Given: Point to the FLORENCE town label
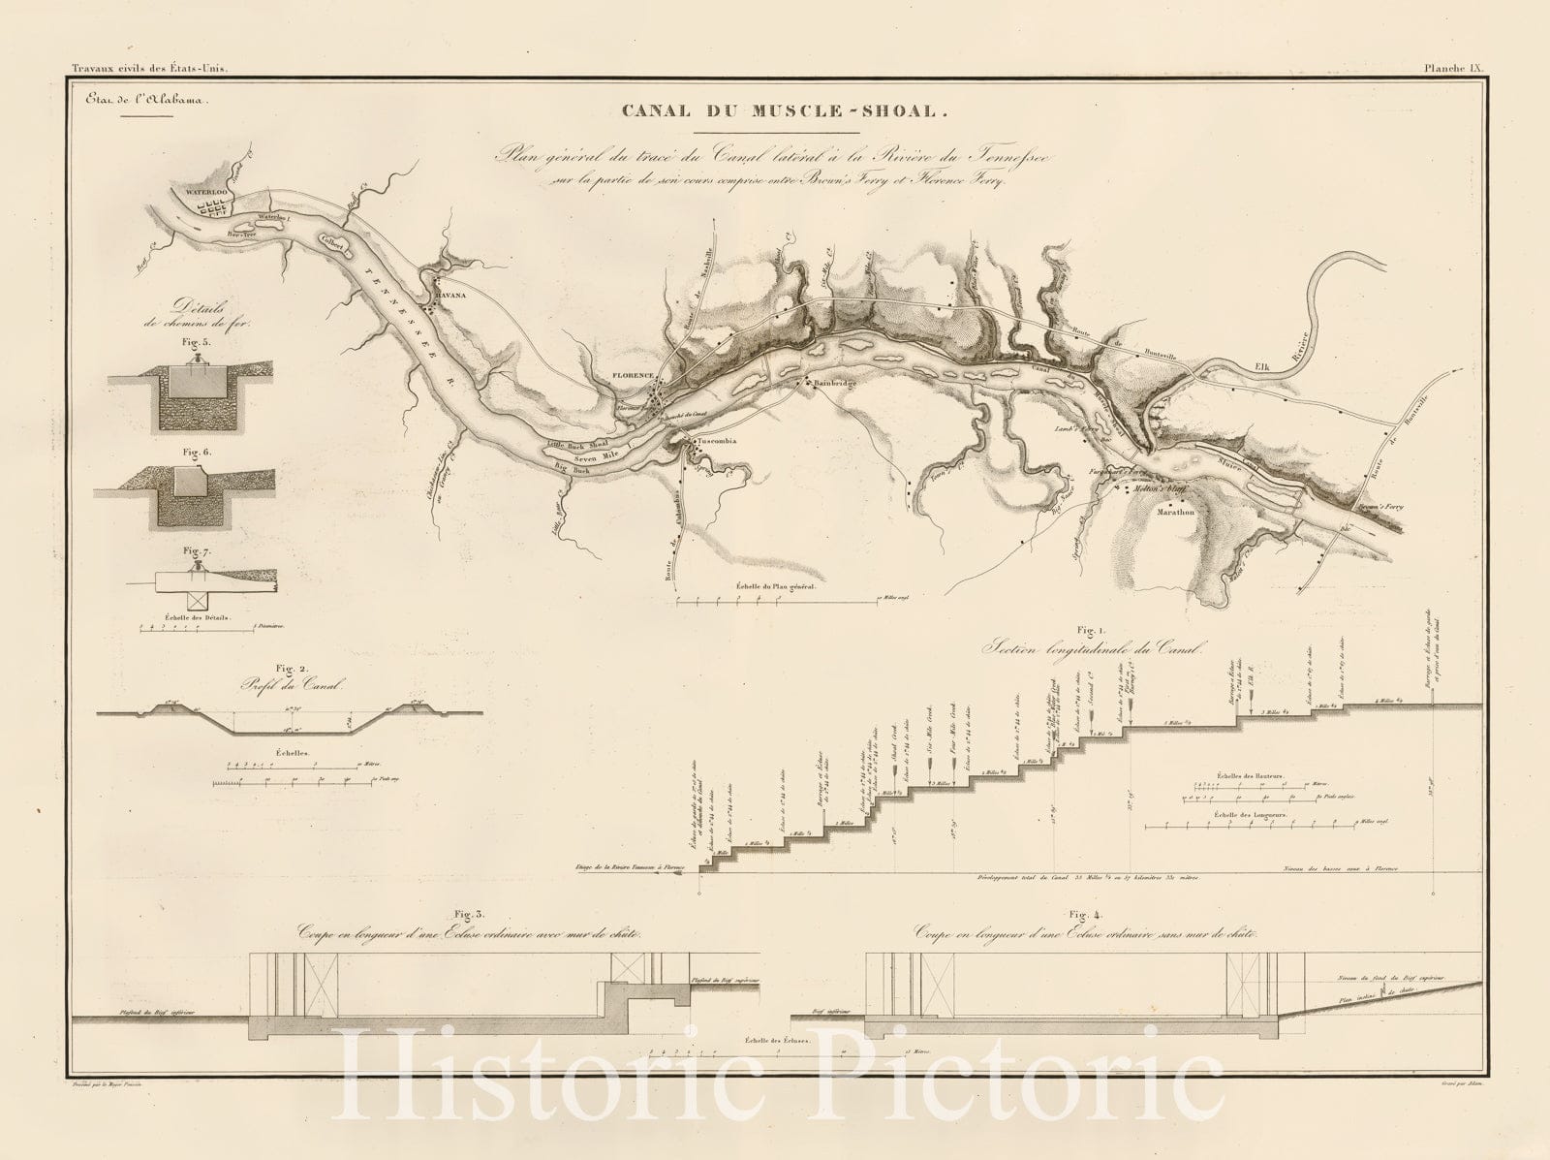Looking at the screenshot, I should (x=635, y=374).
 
